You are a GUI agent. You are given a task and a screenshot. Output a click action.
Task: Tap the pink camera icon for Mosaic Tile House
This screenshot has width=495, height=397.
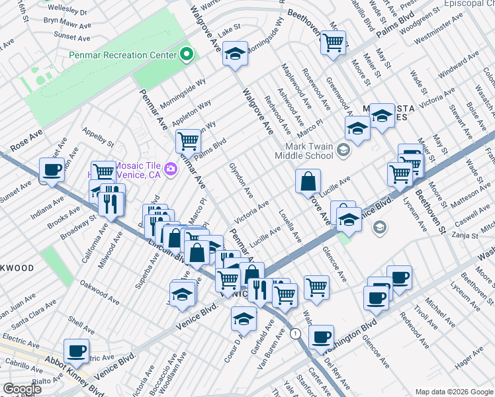[x=171, y=169]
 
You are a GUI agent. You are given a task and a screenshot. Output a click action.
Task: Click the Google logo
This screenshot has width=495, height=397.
[x=22, y=389]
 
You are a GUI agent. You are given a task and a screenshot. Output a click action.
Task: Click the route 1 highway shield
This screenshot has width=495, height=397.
[x=295, y=332]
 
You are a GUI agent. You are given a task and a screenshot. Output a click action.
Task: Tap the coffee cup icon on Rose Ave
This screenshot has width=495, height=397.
[x=52, y=169]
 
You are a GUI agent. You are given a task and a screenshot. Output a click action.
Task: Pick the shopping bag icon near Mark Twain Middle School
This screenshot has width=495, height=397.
[x=308, y=181]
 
